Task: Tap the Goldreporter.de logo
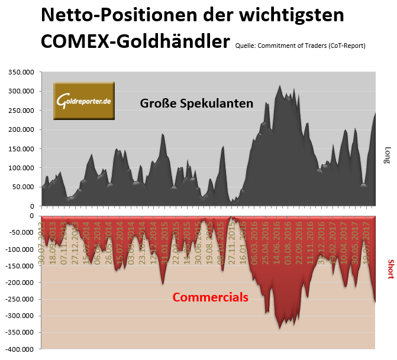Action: coord(85,100)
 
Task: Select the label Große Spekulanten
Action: coord(196,103)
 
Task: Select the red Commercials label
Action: coord(210,297)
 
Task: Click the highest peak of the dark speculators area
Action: coord(280,86)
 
